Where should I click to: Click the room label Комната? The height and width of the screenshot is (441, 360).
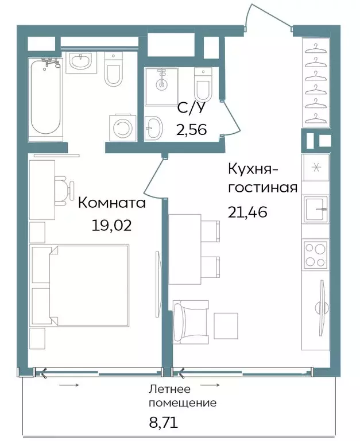point(112,203)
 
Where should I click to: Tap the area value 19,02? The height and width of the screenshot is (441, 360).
point(111,224)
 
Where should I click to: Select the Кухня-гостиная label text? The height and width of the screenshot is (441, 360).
point(262,179)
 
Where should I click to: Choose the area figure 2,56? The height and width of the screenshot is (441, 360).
point(191,129)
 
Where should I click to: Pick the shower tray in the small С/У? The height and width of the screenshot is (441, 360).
point(162,86)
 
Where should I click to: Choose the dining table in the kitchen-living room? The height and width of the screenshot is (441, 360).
point(185,250)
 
